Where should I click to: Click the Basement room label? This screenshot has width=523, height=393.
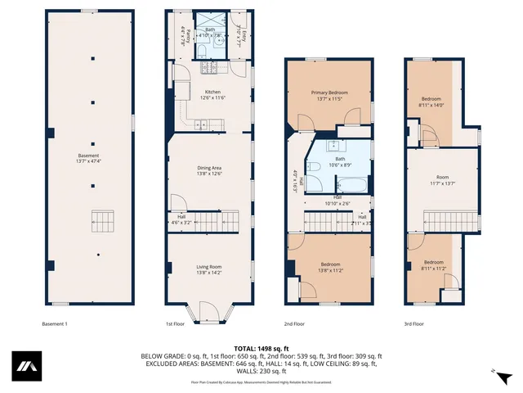tap(88, 159)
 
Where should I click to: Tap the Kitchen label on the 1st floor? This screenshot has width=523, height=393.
tap(212, 95)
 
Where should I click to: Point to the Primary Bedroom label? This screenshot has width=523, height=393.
tap(329, 96)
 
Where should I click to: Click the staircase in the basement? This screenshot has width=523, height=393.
tap(104, 221)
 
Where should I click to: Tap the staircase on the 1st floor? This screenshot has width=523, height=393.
tap(222, 221)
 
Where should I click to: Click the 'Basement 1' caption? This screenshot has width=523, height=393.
tap(55, 324)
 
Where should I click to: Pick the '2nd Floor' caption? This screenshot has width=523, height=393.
tap(294, 324)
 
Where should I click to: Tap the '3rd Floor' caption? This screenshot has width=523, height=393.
tap(413, 324)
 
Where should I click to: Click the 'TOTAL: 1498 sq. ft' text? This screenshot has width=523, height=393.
tap(261, 349)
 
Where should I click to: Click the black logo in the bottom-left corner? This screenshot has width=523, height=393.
tap(27, 366)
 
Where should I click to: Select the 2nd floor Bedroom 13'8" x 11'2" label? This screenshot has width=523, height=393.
tap(330, 267)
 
